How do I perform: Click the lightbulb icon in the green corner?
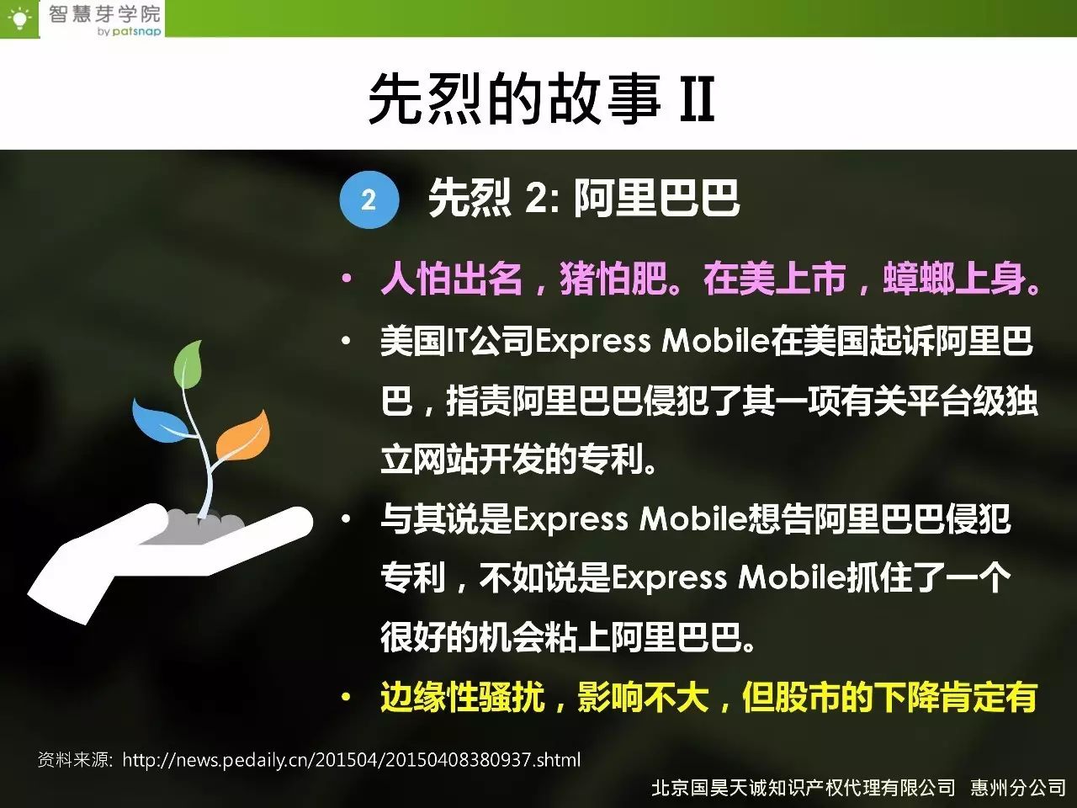click(19, 19)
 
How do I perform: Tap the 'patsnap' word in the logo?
click(136, 32)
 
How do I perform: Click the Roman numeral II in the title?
click(697, 99)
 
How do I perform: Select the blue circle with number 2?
click(369, 199)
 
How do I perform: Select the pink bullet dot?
click(347, 279)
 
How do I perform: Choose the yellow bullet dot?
click(347, 697)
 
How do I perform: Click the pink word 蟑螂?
click(918, 279)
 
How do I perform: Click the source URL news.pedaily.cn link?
click(352, 760)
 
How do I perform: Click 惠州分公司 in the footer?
click(1017, 788)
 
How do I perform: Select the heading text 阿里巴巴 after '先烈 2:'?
click(657, 198)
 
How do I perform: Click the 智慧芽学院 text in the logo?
click(104, 14)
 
